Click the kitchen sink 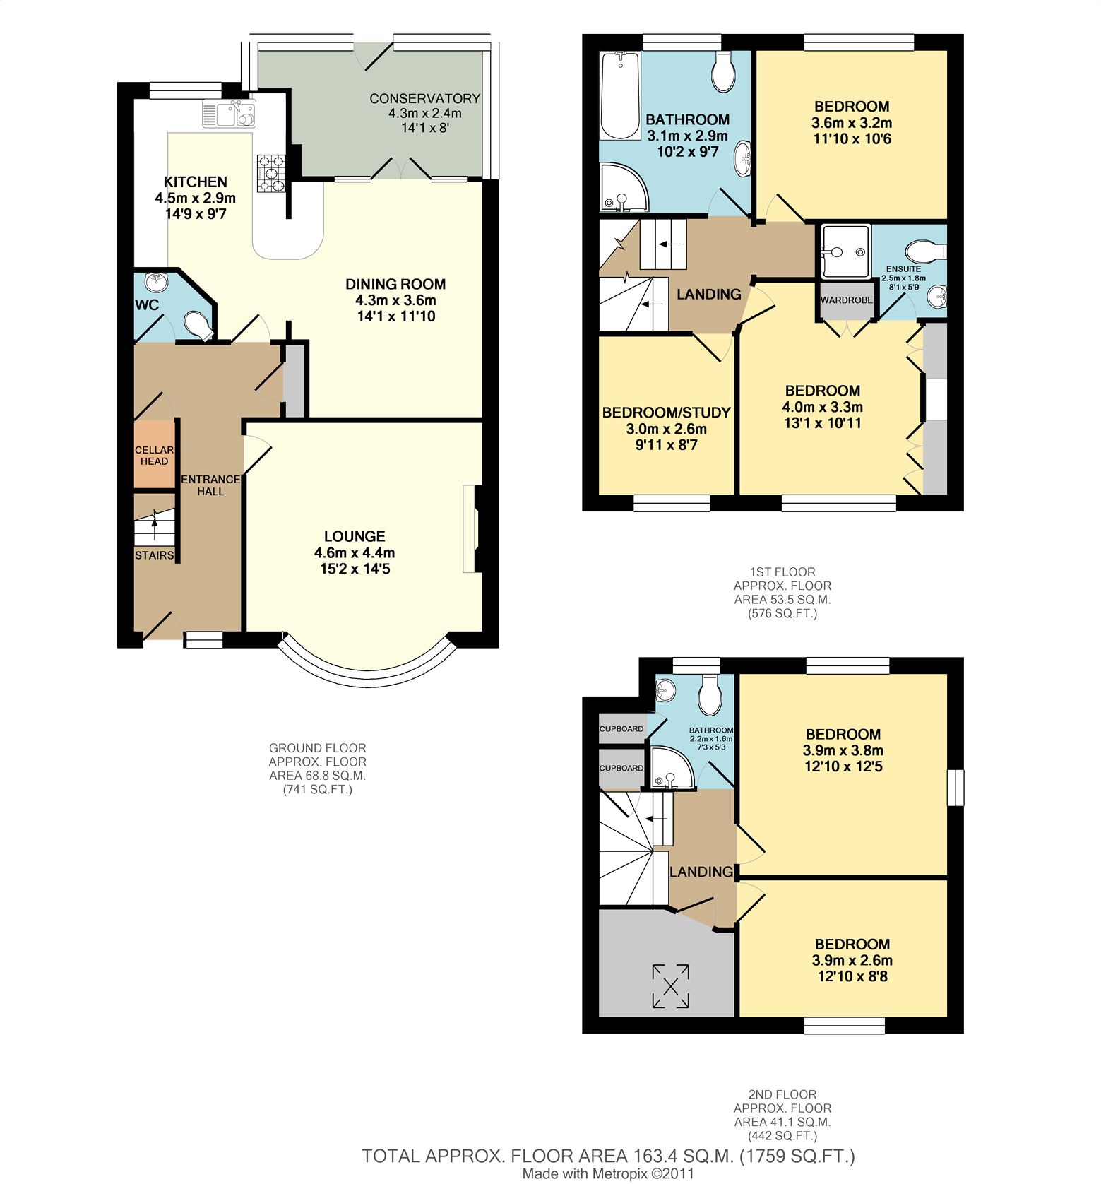pyautogui.click(x=229, y=114)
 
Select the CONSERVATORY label pyautogui.click(x=424, y=98)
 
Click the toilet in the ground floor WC pyautogui.click(x=197, y=326)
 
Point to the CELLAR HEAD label pyautogui.click(x=154, y=456)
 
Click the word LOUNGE pyautogui.click(x=355, y=536)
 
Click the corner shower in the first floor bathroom pyautogui.click(x=624, y=187)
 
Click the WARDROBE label pyautogui.click(x=847, y=300)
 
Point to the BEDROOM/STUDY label pyautogui.click(x=666, y=413)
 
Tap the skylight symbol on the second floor pyautogui.click(x=670, y=985)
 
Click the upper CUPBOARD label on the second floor pyautogui.click(x=621, y=729)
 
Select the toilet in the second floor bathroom pyautogui.click(x=710, y=693)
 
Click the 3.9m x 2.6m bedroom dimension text pyautogui.click(x=852, y=960)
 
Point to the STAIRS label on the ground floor pyautogui.click(x=155, y=555)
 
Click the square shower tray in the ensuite pyautogui.click(x=845, y=251)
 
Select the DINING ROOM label pyautogui.click(x=395, y=284)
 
